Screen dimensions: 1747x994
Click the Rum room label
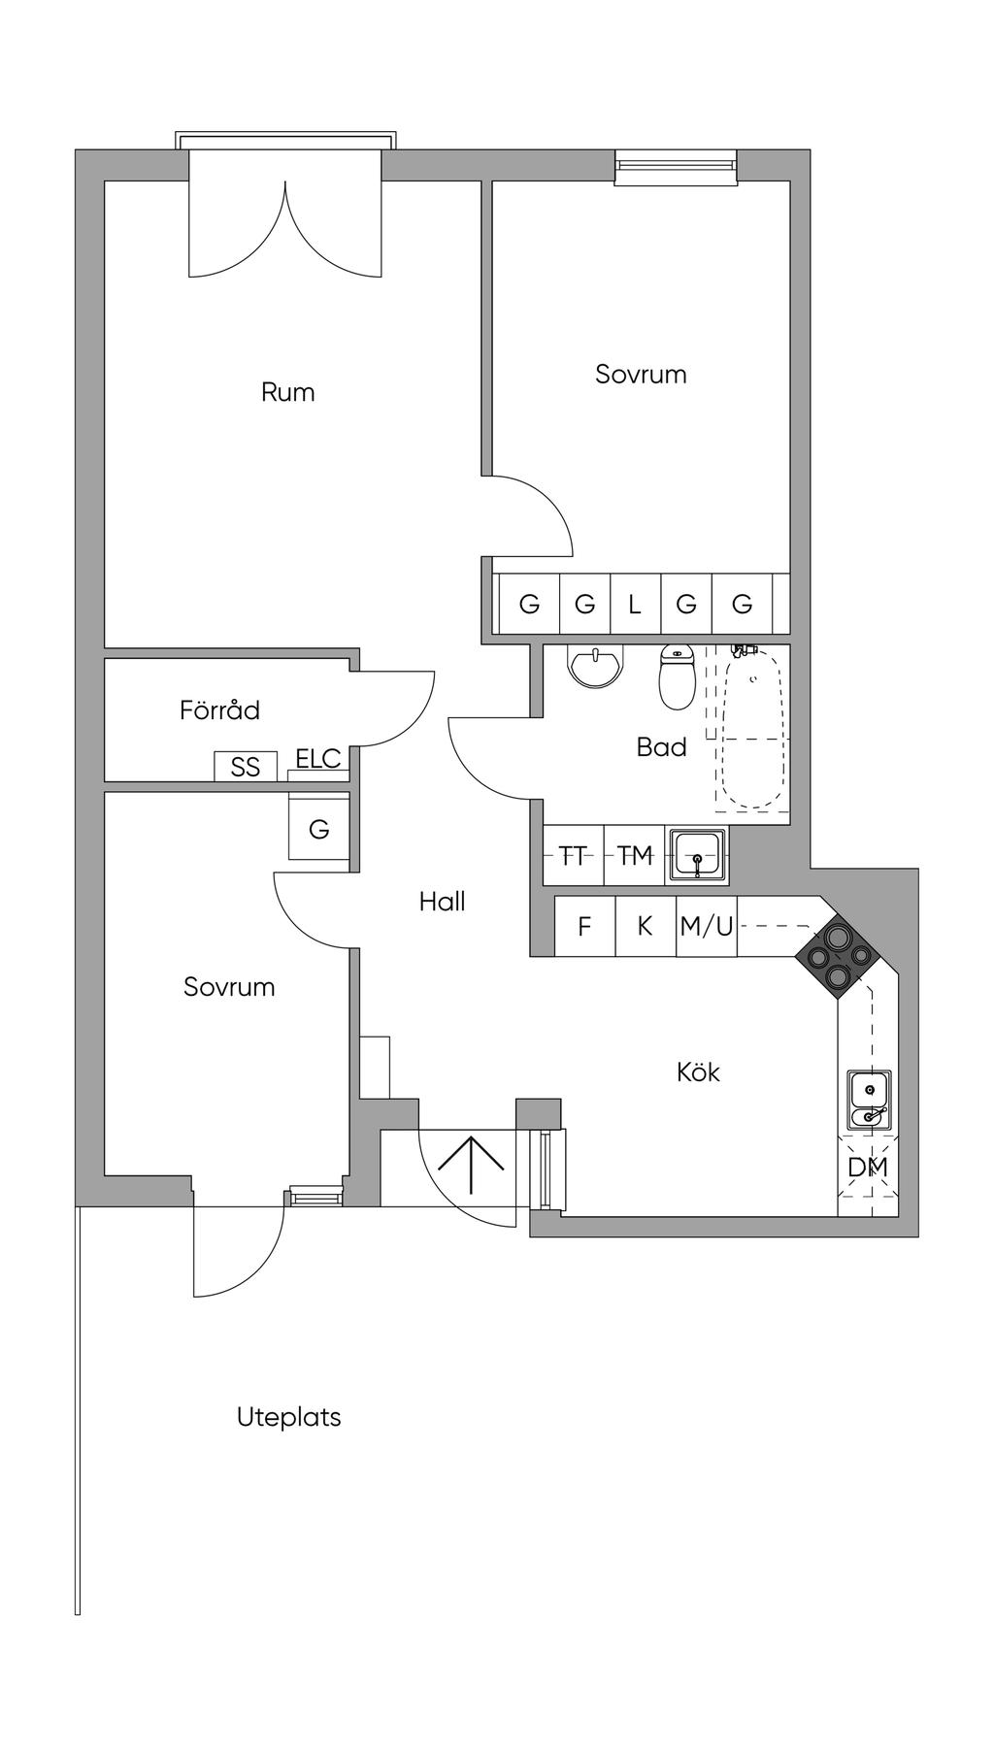point(287,392)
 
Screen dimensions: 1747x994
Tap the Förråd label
point(219,710)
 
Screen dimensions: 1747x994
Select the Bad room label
point(661,746)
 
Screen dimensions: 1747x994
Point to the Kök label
point(698,1072)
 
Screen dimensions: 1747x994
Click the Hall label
point(442,902)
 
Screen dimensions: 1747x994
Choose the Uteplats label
point(288,1417)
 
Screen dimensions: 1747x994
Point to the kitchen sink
point(868,1101)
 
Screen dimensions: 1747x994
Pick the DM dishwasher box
point(868,1168)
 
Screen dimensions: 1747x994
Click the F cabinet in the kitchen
point(584,926)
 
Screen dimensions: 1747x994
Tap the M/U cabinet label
point(707,926)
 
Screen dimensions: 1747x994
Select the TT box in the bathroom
point(574,855)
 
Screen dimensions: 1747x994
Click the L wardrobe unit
point(635,605)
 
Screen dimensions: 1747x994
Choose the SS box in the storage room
point(246,767)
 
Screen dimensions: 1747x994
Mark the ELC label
point(318,758)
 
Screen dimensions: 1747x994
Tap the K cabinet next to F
point(646,926)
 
